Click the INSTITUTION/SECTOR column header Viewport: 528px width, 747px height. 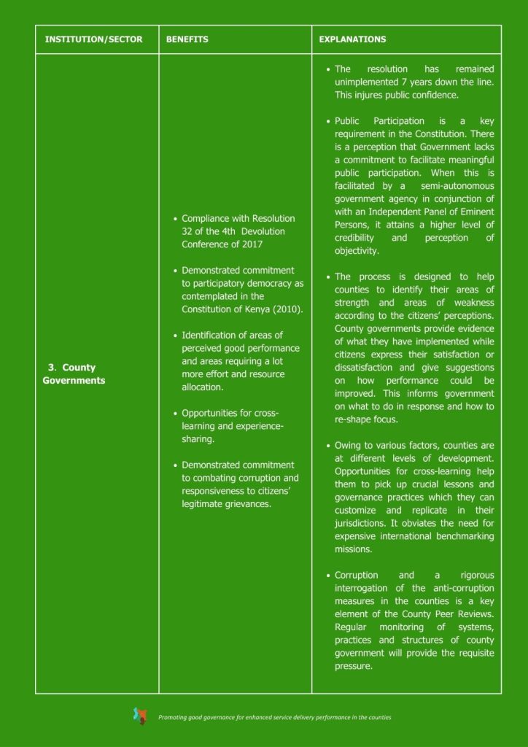click(93, 39)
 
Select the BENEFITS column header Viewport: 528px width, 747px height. click(187, 39)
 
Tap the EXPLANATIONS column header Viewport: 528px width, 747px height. click(353, 39)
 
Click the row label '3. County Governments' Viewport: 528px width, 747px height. click(74, 374)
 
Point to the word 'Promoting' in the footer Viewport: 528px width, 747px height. click(174, 718)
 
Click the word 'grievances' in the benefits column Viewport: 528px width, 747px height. click(248, 504)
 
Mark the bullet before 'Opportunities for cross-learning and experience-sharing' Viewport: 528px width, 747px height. click(176, 414)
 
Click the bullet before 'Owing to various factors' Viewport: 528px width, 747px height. click(329, 446)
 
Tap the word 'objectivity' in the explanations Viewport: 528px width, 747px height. click(357, 251)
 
